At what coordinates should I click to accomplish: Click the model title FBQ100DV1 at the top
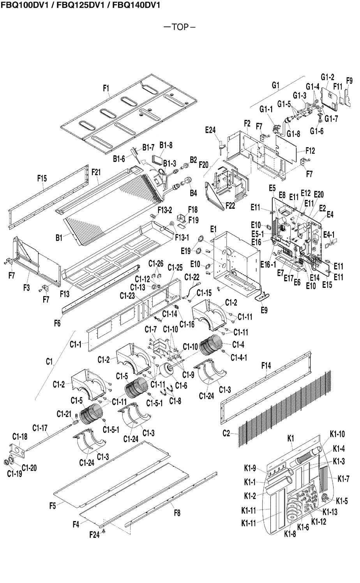coord(18,5)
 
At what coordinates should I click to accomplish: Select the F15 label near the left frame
coord(42,178)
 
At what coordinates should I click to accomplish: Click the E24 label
coord(210,131)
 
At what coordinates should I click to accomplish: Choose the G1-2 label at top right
coord(327,77)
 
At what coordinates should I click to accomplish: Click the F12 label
coord(310,151)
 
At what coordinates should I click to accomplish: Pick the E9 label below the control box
coord(264,310)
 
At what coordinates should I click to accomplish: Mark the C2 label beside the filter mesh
coord(226,433)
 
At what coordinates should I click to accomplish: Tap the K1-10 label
coord(337,433)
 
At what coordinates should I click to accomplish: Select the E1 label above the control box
coord(213,230)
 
